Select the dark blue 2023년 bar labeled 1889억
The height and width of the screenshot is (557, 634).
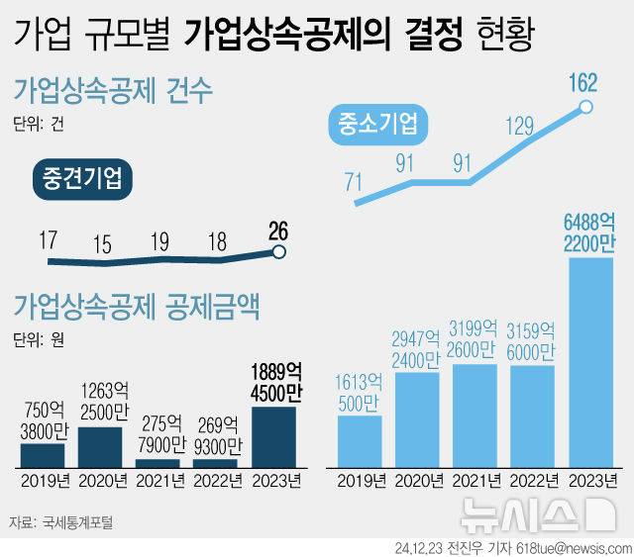(x=273, y=436)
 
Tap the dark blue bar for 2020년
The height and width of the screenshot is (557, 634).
(x=99, y=446)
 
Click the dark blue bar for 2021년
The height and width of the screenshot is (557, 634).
(x=158, y=462)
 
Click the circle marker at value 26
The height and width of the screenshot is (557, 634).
(x=279, y=252)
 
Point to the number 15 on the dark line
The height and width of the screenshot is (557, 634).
(x=102, y=244)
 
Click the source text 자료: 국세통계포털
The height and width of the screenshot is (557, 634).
(x=60, y=520)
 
